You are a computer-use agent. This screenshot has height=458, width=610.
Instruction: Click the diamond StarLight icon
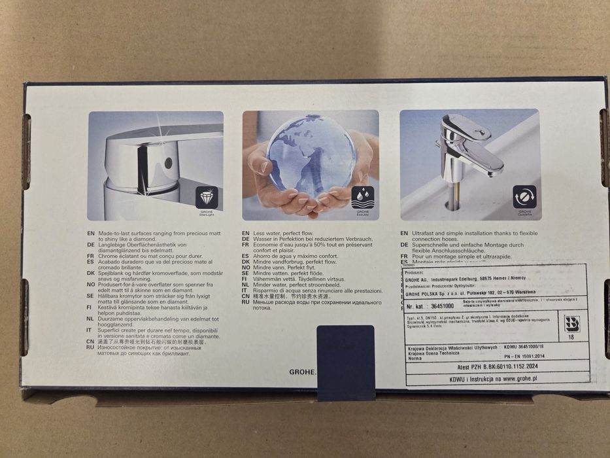coord(207,197)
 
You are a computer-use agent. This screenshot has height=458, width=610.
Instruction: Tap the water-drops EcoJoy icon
coord(364,196)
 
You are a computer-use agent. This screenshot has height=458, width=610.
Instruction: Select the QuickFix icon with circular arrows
coord(524,196)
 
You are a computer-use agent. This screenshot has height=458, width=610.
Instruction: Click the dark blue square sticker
coord(345,361)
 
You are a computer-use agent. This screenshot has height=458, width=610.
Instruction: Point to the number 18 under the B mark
coord(571,338)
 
